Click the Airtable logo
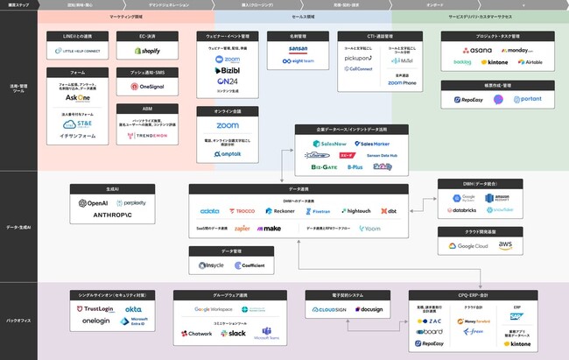pos(536,62)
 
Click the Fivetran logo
pos(319,211)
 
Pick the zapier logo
pos(218,228)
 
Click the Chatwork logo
pos(199,334)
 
